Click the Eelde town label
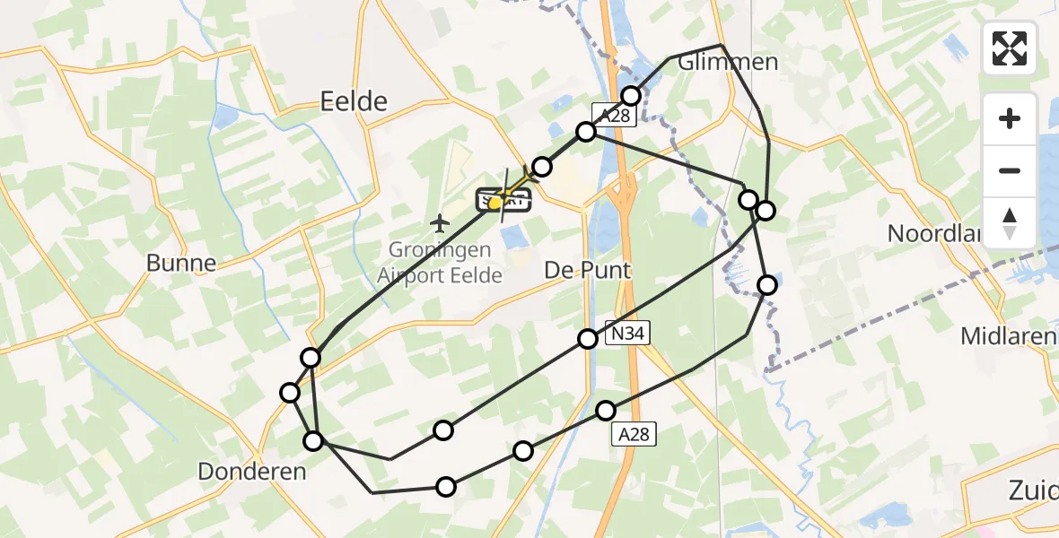[354, 101]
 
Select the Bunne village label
[182, 263]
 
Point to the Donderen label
[252, 471]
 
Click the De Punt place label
[588, 270]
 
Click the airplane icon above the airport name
[440, 221]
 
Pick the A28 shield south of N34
[632, 434]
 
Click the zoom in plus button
[1010, 119]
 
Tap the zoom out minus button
[1010, 171]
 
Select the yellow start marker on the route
[494, 204]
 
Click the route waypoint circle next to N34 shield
[587, 339]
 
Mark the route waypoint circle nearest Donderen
[313, 441]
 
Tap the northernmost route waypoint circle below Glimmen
[631, 96]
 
